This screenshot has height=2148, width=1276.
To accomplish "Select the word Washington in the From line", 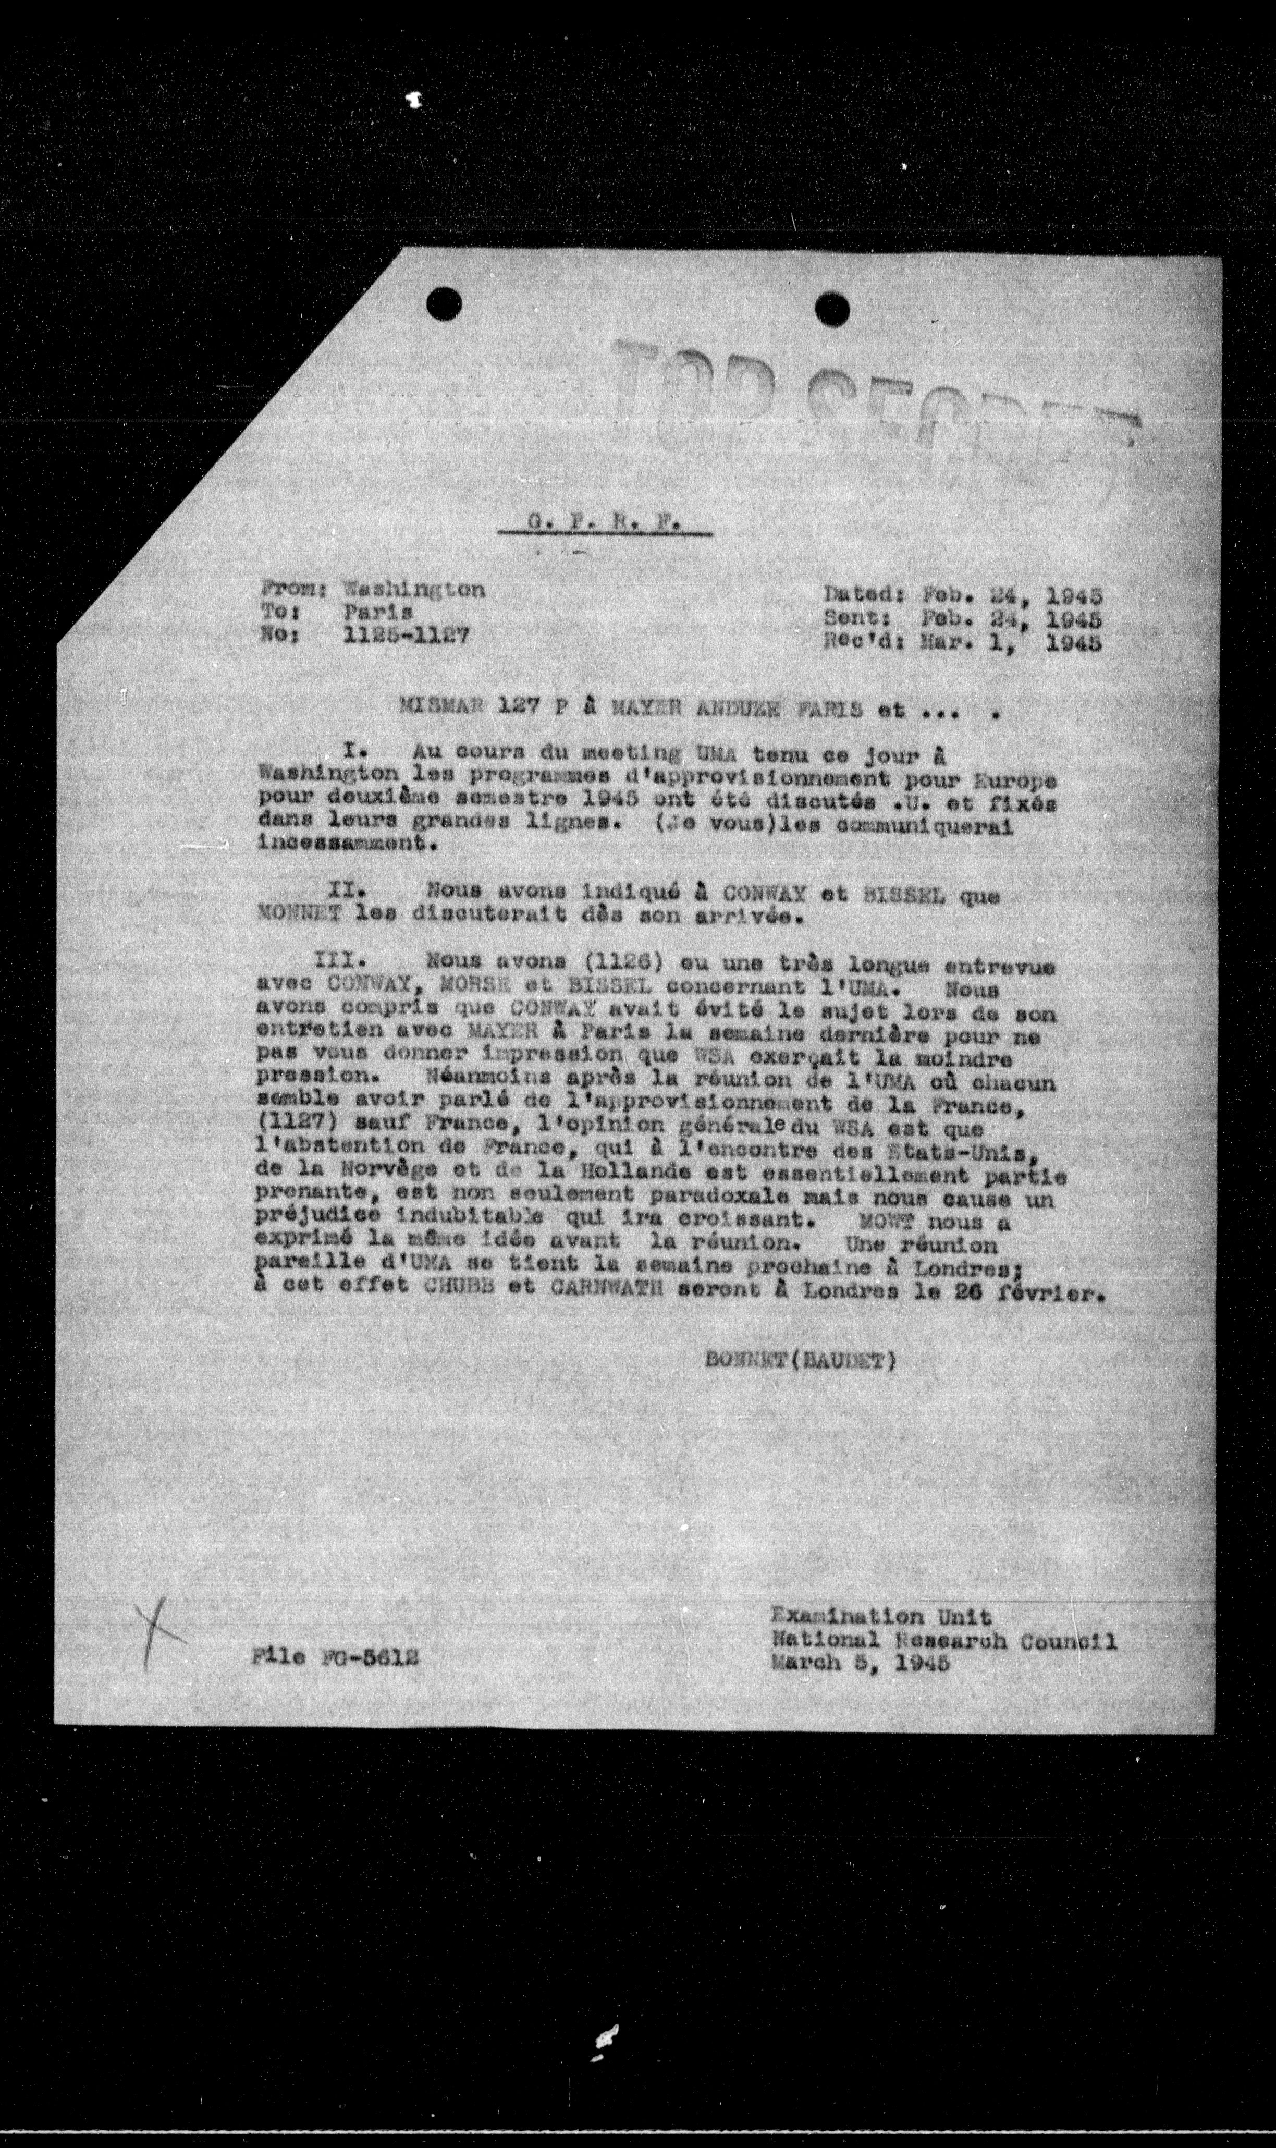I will pyautogui.click(x=413, y=590).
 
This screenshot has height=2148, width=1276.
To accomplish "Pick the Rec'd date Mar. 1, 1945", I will pyautogui.click(x=1011, y=641).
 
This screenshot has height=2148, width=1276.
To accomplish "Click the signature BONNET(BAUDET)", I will pyautogui.click(x=800, y=1360).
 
